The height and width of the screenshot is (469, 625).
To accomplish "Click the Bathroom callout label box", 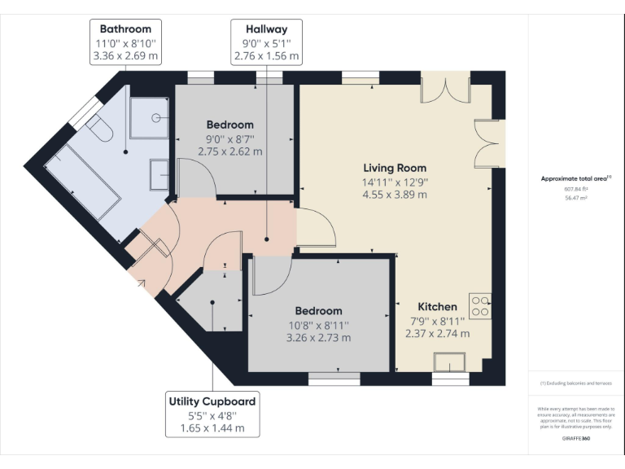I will pos(125,43).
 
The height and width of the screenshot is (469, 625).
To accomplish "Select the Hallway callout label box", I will pos(266,43).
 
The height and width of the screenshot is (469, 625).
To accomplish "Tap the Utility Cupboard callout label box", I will pos(212,414).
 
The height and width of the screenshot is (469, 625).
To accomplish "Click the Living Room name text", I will pos(395,168).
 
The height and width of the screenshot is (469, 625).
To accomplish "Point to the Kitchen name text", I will pos(437,306).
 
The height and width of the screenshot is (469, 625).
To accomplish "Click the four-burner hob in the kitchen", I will pos(479,304).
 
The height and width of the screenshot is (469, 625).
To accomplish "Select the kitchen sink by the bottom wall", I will pos(449,362).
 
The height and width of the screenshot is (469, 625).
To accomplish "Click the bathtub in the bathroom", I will pos(81,182).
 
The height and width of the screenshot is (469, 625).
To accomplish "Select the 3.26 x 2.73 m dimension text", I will pos(318,338).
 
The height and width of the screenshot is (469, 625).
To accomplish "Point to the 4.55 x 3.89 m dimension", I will pos(395,195).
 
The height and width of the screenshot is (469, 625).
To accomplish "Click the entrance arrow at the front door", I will pos(143,283).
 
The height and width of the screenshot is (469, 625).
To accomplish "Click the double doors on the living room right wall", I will pos(488,143).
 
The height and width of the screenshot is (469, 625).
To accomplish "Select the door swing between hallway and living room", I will pos(316,229).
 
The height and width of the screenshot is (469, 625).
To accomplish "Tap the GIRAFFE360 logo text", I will pos(575,438).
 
